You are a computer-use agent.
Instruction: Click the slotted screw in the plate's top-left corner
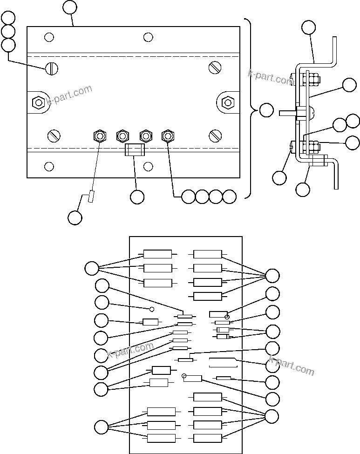pyautogui.click(x=52, y=68)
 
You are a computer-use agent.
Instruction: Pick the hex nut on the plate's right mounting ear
pyautogui.click(x=227, y=102)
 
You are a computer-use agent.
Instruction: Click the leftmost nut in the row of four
pyautogui.click(x=99, y=136)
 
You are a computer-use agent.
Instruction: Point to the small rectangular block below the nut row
pyautogui.click(x=135, y=150)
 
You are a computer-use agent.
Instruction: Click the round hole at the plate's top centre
pyautogui.click(x=148, y=37)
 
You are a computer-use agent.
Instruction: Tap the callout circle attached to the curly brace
pyautogui.click(x=266, y=110)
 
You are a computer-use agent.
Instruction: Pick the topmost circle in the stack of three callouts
pyautogui.click(x=8, y=18)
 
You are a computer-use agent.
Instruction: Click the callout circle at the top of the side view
pyautogui.click(x=308, y=27)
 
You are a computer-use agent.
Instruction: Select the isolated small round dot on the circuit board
pyautogui.click(x=151, y=309)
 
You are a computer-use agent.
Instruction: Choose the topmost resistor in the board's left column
pyautogui.click(x=157, y=254)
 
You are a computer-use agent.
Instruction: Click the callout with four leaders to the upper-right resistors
pyautogui.click(x=272, y=276)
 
